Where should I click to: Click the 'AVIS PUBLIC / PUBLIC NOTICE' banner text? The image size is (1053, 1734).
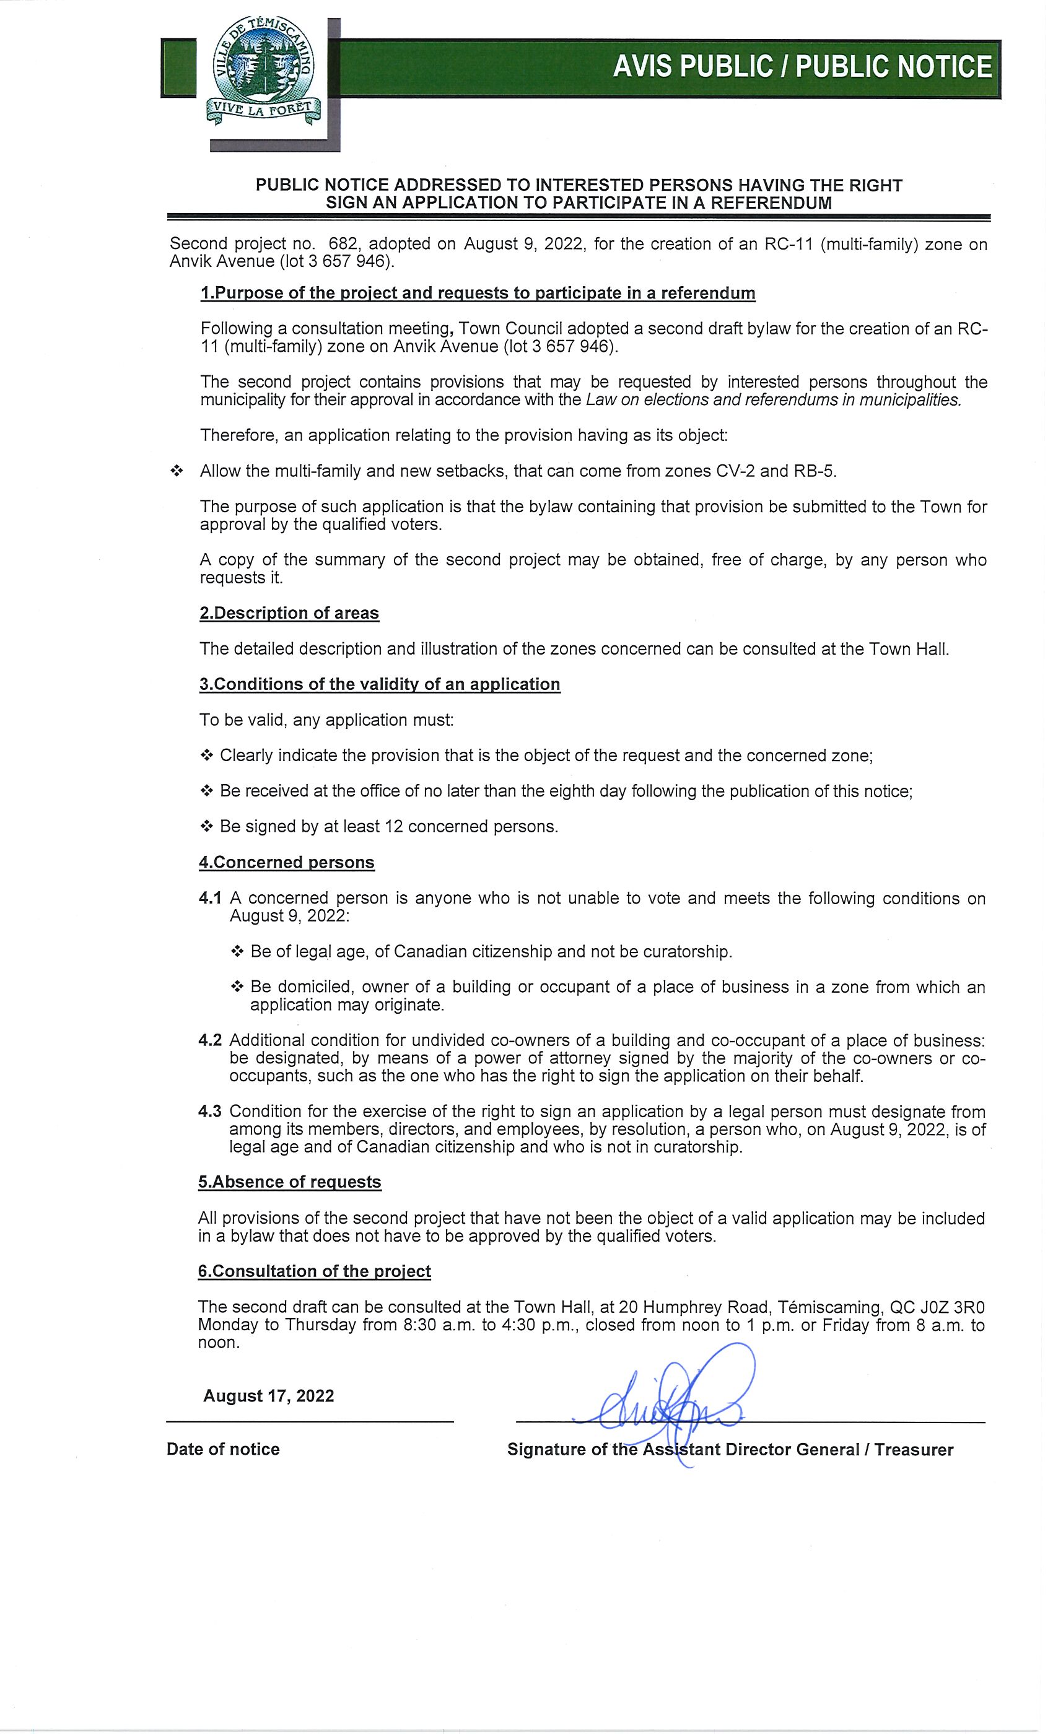[x=802, y=67]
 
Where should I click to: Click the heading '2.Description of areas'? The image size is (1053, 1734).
[x=289, y=613]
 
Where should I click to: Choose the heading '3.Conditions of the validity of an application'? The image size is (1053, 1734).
[x=379, y=684]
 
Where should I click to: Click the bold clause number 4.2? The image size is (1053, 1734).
[x=210, y=1040]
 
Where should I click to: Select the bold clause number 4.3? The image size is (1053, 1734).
[x=210, y=1111]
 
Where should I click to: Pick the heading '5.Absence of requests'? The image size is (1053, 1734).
[x=289, y=1182]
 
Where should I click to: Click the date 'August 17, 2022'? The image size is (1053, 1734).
[x=268, y=1396]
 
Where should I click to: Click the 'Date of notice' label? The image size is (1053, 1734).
[x=223, y=1449]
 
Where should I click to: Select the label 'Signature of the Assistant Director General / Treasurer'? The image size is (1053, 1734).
[x=730, y=1450]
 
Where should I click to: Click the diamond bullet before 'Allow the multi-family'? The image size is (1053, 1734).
[x=176, y=471]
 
